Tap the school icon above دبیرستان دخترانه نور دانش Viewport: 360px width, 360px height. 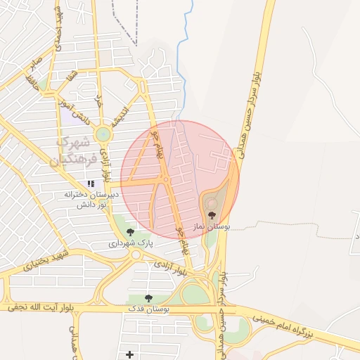click(91, 184)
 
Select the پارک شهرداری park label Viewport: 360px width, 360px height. click(131, 243)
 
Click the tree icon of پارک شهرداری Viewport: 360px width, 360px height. click(129, 231)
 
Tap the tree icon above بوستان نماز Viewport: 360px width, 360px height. click(212, 216)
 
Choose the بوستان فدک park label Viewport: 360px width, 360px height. click(147, 309)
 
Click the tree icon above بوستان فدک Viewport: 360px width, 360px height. click(148, 298)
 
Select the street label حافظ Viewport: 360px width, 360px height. click(31, 82)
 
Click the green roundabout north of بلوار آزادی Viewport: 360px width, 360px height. click(103, 133)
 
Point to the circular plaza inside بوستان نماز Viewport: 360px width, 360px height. click(212, 203)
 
